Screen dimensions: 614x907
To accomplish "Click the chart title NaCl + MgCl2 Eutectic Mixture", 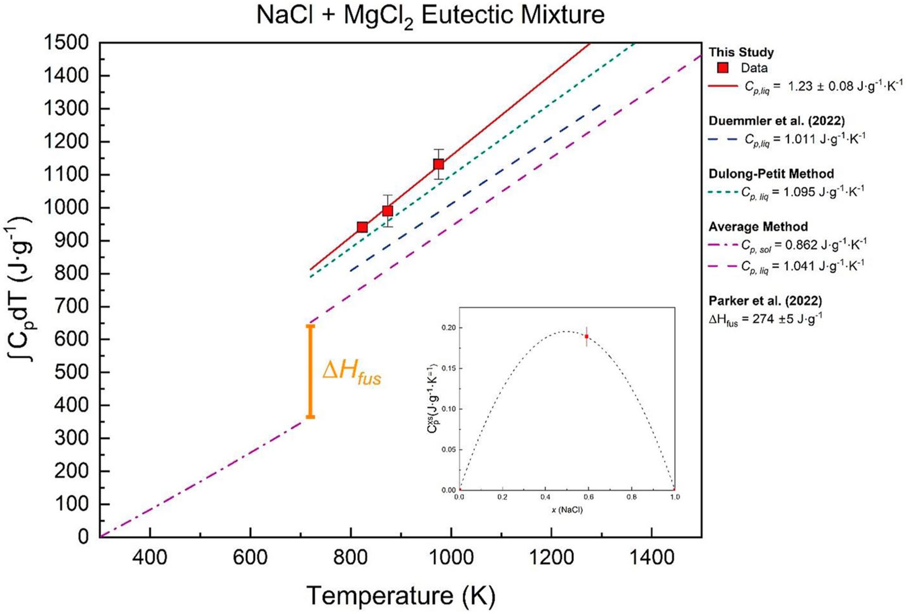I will pyautogui.click(x=430, y=16).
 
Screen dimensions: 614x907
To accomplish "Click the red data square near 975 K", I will pyautogui.click(x=439, y=164).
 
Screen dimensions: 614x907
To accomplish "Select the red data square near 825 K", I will pyautogui.click(x=362, y=227).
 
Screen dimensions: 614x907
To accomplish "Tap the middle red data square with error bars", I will pyautogui.click(x=387, y=211).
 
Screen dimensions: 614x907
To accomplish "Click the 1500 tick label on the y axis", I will pyautogui.click(x=66, y=43).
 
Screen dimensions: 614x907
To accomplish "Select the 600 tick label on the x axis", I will pyautogui.click(x=250, y=557).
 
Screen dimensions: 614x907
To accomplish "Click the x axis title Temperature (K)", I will pyautogui.click(x=401, y=595).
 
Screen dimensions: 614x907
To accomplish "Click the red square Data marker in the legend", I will pyautogui.click(x=723, y=68).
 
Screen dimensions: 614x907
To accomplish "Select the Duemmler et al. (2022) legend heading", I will pyautogui.click(x=777, y=121).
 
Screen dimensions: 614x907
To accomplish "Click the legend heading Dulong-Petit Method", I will pyautogui.click(x=771, y=174).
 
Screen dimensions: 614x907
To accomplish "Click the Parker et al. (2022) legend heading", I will pyautogui.click(x=765, y=301).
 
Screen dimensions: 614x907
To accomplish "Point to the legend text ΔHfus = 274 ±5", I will pyautogui.click(x=765, y=320).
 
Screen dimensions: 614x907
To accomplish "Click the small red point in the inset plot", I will pyautogui.click(x=586, y=337).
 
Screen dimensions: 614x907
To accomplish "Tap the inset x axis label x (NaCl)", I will pyautogui.click(x=567, y=510).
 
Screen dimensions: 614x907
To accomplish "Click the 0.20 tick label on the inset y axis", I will pyautogui.click(x=449, y=328).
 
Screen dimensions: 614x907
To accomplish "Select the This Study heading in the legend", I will pyautogui.click(x=741, y=52).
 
